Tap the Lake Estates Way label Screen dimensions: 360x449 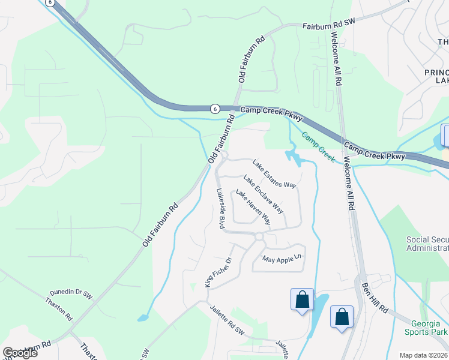coord(274,174)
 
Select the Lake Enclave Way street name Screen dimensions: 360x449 coord(263,194)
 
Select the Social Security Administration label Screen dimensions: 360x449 coord(427,244)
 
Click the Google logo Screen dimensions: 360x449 coord(20,353)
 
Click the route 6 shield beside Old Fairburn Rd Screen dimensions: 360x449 coord(214,109)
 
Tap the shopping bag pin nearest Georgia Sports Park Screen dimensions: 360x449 coord(342,317)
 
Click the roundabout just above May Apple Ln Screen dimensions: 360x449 coord(259,237)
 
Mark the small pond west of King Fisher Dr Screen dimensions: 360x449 coord(142,317)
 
